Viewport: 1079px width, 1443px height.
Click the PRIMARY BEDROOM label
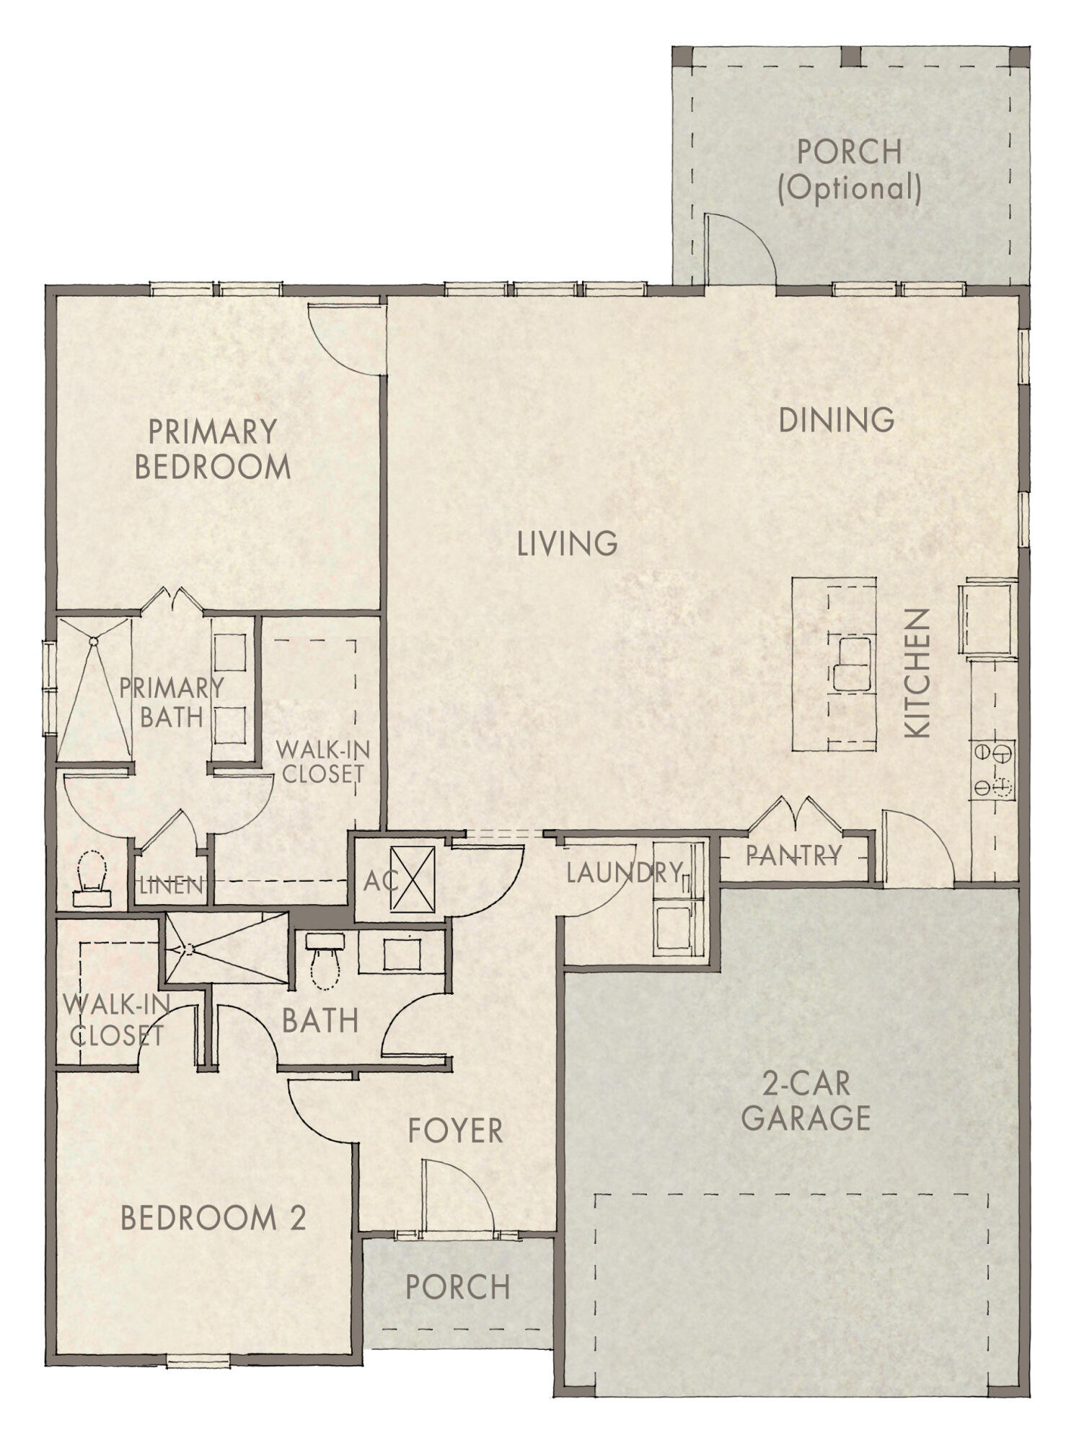point(213,449)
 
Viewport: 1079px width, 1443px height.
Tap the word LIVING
point(567,543)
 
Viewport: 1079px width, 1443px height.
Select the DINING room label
point(836,420)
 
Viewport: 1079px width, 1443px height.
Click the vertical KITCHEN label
point(917,673)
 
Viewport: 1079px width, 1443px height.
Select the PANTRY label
point(793,856)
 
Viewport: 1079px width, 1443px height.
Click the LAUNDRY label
point(624,873)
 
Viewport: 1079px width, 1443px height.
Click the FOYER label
point(455,1131)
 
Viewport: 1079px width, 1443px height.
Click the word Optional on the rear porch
point(850,188)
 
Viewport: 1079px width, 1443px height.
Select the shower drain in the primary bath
point(93,640)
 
